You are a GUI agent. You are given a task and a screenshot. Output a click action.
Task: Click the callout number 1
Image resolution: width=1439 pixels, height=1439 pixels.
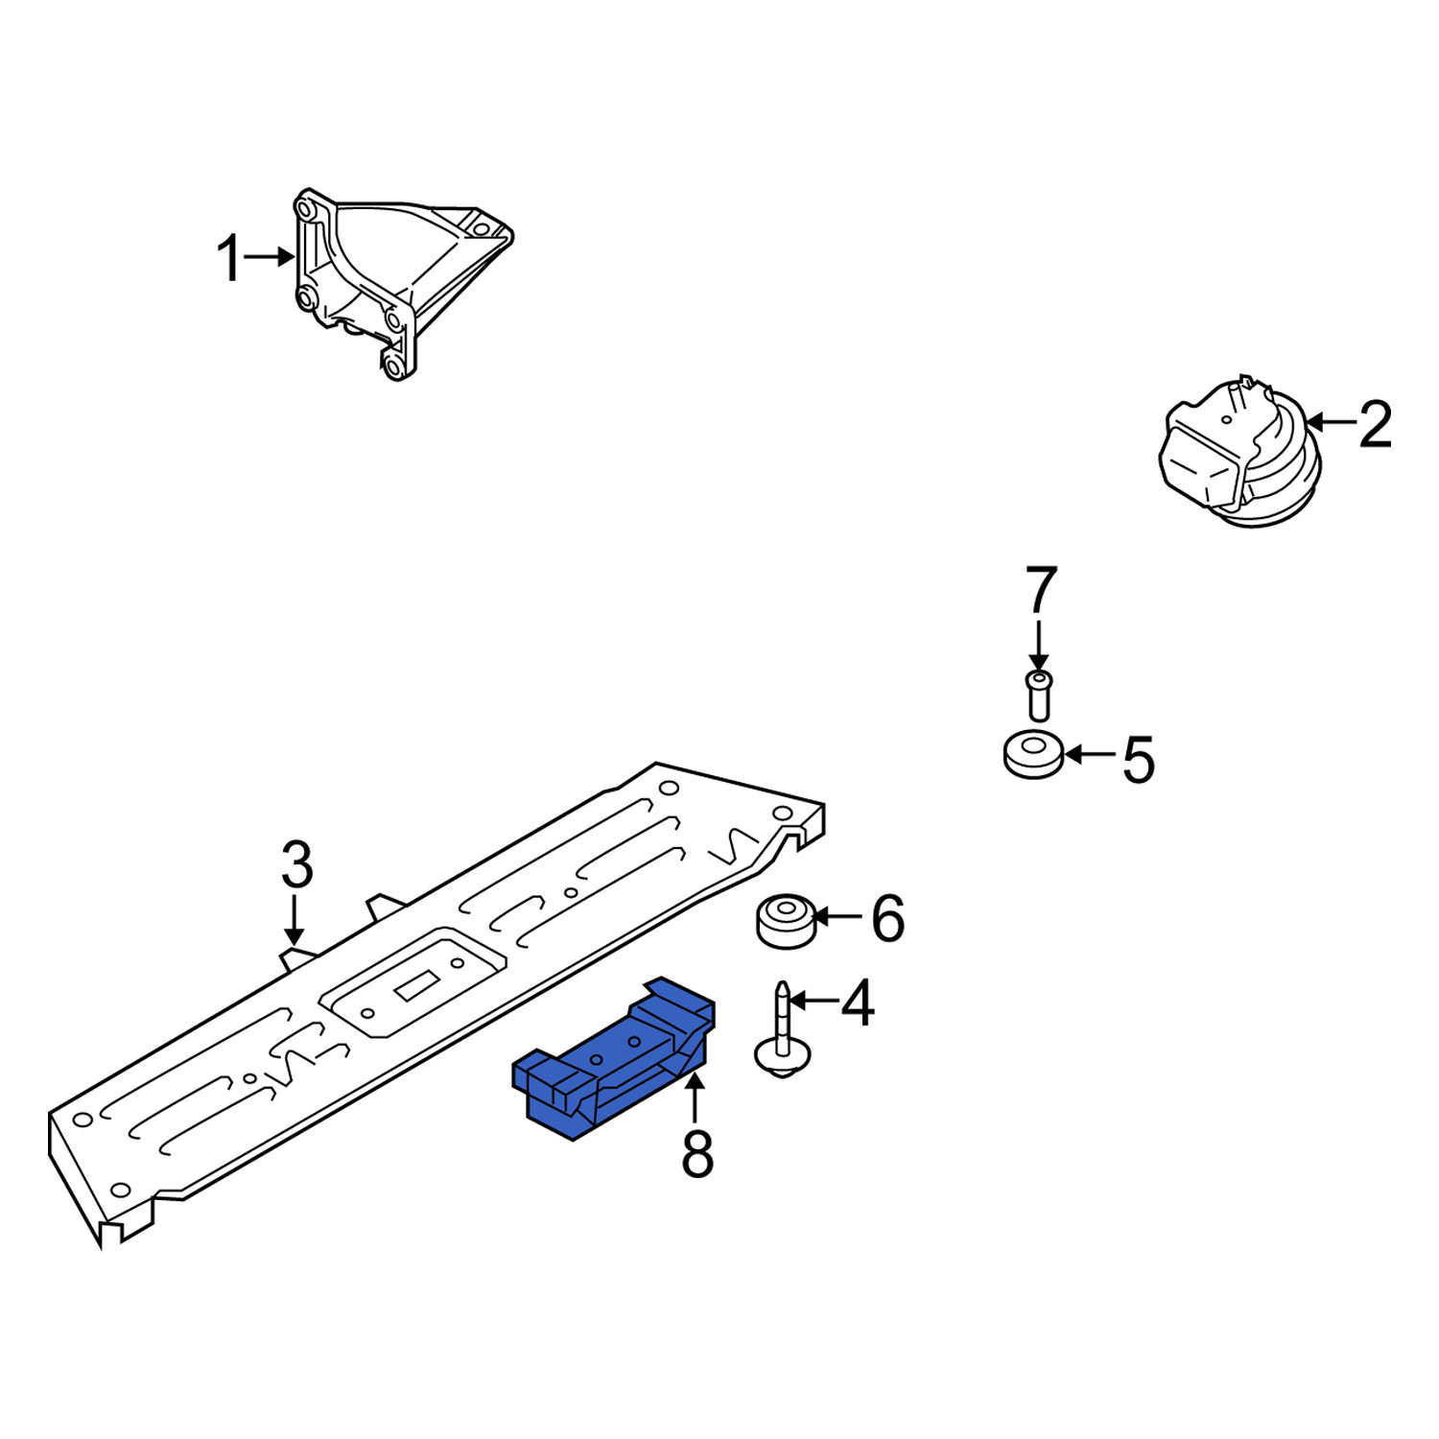(229, 259)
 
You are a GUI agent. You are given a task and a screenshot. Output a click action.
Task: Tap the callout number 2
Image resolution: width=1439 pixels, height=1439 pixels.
(1375, 424)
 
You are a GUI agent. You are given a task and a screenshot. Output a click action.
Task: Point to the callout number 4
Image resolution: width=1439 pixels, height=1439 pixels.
(857, 1003)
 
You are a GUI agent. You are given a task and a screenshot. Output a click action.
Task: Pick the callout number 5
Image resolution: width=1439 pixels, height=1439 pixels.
(1138, 760)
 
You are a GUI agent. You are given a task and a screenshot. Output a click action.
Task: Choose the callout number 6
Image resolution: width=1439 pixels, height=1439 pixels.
(887, 918)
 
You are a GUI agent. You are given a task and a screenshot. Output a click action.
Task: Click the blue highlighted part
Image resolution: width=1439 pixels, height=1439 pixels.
(614, 1060)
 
